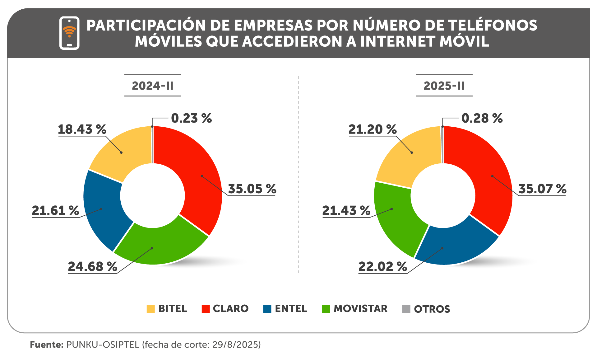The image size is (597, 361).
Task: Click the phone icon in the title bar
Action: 69,33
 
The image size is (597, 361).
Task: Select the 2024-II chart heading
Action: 152,86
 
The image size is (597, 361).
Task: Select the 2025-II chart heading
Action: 444,86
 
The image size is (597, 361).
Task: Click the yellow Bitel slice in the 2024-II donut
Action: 124,149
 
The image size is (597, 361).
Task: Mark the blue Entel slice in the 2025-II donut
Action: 454,246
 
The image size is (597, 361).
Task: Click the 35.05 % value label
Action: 252,189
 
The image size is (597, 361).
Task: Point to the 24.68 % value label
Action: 93,267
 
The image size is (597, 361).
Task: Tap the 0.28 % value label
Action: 482,118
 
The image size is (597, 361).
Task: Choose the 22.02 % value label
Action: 383,267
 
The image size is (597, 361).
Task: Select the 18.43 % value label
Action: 82,129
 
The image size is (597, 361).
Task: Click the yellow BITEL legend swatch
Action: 150,309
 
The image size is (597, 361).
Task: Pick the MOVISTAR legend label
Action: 361,309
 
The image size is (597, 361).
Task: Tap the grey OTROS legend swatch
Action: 406,309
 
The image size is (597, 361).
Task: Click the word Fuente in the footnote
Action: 47,345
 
